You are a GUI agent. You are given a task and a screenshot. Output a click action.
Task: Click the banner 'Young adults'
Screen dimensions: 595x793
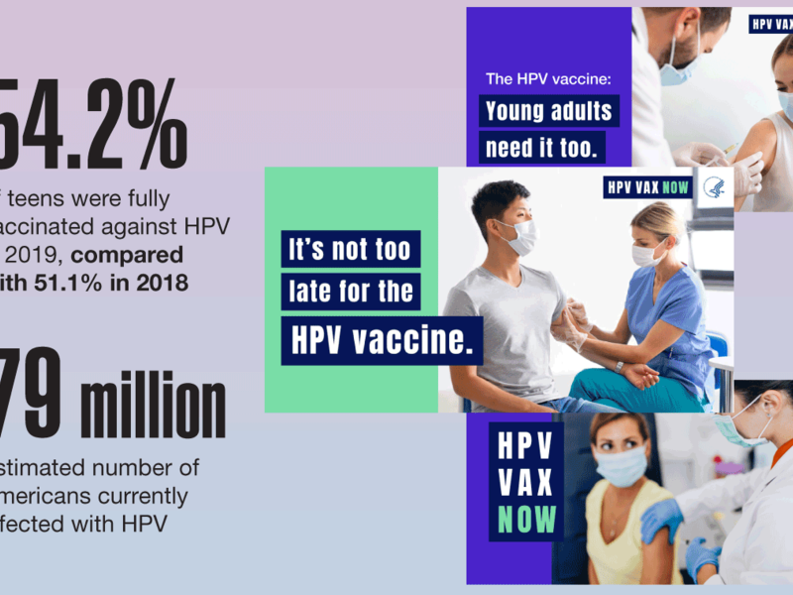coord(548,110)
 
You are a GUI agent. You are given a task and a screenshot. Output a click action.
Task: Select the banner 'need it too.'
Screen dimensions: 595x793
coord(543,148)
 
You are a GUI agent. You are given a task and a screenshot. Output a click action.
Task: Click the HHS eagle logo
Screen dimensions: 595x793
coord(715,188)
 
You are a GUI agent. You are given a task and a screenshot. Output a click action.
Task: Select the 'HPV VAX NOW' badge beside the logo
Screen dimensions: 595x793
coord(648,187)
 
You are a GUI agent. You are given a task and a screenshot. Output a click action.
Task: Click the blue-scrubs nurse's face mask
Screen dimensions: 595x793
coord(648,253)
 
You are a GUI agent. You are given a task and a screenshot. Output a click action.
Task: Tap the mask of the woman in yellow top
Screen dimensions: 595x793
coord(622,464)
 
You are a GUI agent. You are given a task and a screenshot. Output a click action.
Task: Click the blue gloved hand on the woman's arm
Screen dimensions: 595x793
coord(662,519)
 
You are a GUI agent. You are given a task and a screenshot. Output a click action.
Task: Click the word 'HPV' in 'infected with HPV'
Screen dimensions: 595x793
coord(138,524)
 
